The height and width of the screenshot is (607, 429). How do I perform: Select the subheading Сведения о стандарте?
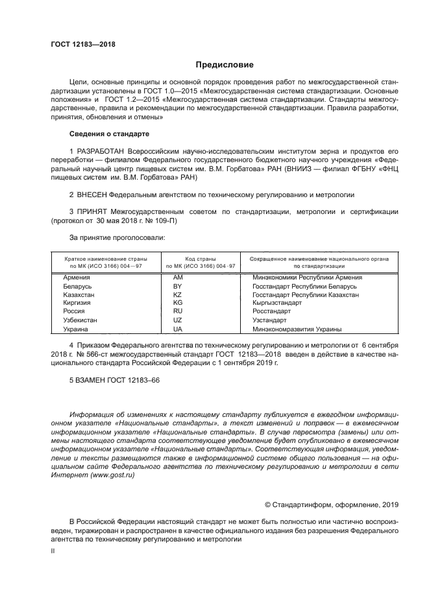[x=109, y=134]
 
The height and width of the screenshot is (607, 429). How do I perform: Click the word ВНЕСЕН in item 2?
[x=91, y=194]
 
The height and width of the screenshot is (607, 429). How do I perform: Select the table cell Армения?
[x=77, y=278]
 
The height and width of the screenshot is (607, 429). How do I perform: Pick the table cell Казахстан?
[x=79, y=294]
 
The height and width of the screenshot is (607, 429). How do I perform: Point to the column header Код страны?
[x=201, y=257]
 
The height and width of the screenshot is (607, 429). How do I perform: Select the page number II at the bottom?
[x=53, y=550]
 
